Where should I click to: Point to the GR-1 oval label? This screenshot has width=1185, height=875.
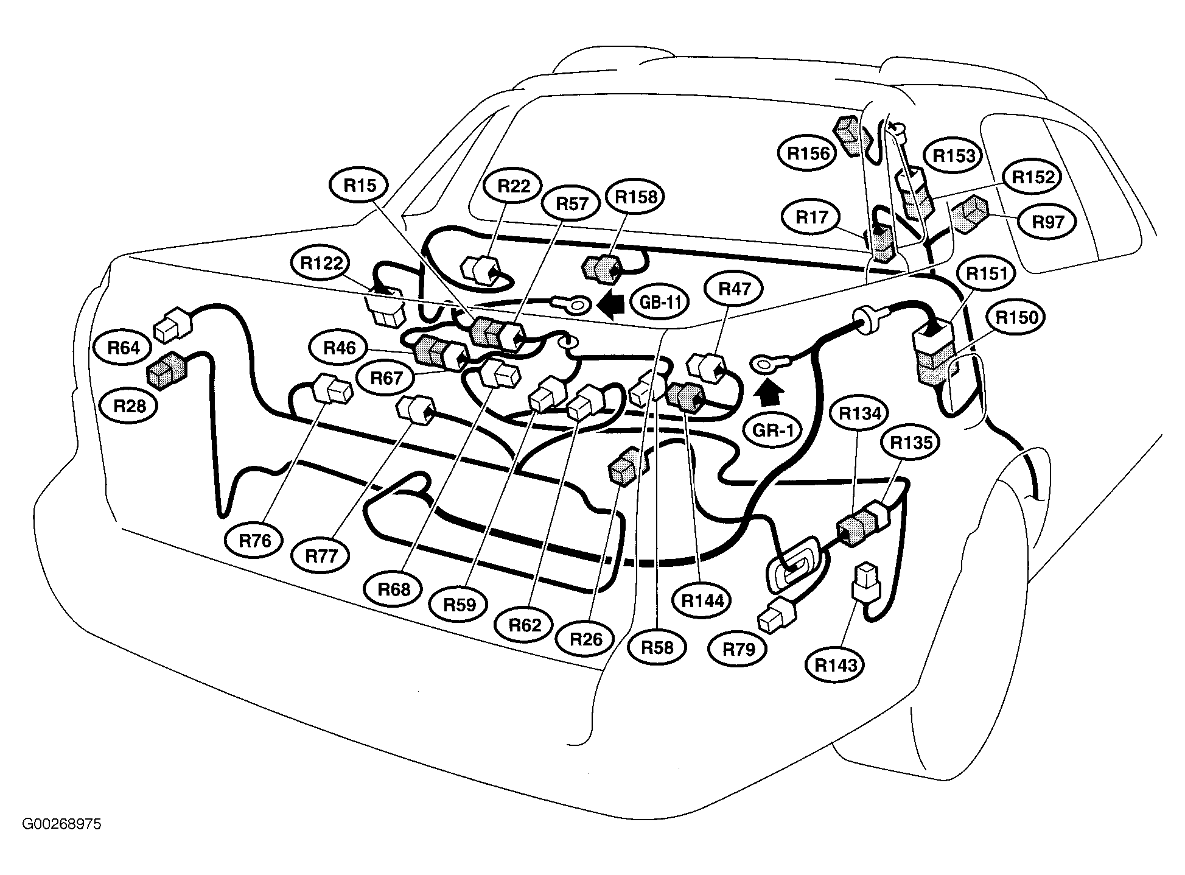coord(773,430)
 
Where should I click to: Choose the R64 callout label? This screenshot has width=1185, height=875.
coord(124,347)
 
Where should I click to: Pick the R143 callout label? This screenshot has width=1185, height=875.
coord(836,665)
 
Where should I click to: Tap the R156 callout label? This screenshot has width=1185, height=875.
coord(808,153)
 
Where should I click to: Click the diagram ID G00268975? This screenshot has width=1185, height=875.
coord(61,824)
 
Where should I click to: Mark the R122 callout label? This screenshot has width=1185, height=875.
coord(321,263)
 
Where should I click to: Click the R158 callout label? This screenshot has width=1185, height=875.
coord(636,197)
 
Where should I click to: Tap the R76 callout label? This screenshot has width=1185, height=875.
coord(254,540)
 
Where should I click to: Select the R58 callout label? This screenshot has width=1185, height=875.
coord(658,647)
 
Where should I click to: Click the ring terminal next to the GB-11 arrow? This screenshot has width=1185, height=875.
coord(570,303)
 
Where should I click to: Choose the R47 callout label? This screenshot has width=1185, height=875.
coord(735,288)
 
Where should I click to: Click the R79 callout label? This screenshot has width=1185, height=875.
coord(738,649)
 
